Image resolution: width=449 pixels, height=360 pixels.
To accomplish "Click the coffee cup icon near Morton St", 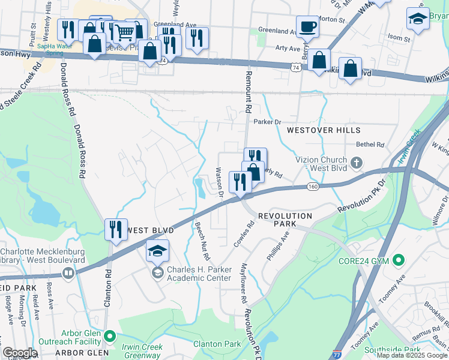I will (308, 27).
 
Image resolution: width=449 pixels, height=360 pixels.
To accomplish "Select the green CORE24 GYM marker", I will (397, 260).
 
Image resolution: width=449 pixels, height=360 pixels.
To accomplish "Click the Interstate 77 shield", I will (337, 355).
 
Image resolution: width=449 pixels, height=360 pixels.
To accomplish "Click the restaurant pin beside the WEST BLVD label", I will (116, 229).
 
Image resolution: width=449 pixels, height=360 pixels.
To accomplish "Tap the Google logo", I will (20, 353).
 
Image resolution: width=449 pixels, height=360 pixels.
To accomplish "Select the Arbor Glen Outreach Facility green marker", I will (109, 335).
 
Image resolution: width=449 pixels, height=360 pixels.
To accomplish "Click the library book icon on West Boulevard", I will (69, 275).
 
